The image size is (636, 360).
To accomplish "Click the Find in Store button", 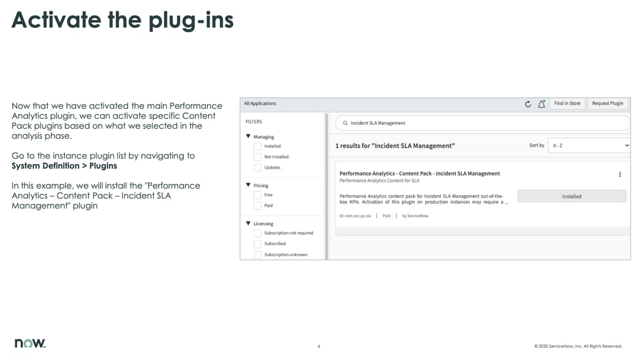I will pos(567,104).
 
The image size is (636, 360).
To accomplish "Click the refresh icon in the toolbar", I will pos(528,104).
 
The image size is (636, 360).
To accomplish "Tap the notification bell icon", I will pos(541,104).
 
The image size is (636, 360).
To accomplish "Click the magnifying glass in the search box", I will pos(345,123).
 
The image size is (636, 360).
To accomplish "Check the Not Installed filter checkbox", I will pos(258,157).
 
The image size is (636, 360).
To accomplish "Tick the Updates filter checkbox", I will pos(258,168).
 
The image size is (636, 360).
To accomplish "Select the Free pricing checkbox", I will pos(258,195).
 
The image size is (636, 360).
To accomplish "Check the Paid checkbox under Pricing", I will pos(258,206).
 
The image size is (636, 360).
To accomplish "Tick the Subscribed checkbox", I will pos(258,244).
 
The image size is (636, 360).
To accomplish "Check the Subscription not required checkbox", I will pos(258,233).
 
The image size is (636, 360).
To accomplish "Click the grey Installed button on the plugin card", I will pos(572,196).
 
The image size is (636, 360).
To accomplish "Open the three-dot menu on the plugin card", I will pos(620,174).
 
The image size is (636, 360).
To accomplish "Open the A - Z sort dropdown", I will pos(589,145).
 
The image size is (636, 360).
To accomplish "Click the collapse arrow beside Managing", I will pos(248,136).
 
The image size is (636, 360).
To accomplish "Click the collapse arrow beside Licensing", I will pos(248,224).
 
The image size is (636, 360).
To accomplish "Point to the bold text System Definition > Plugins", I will pos(64,166).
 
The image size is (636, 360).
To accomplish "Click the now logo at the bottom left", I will pos(30,343).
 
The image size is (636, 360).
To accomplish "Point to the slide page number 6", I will pos(319,347).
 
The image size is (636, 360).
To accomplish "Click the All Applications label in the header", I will pos(260,104).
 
